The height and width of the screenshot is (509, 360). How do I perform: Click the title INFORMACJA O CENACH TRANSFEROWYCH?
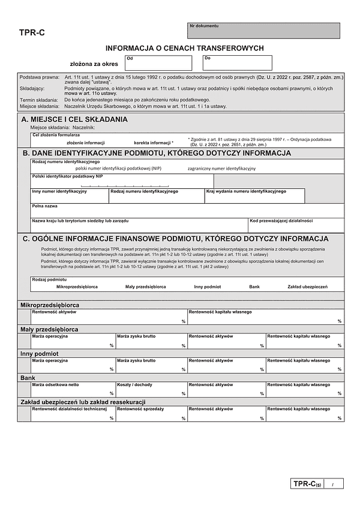point(184,48)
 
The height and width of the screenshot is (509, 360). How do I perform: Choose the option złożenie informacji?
point(85,143)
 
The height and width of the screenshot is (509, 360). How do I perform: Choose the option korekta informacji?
point(153,143)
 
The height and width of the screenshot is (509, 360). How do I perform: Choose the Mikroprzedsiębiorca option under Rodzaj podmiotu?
point(77,287)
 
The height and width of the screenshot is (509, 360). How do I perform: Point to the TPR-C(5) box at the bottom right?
point(307,484)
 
